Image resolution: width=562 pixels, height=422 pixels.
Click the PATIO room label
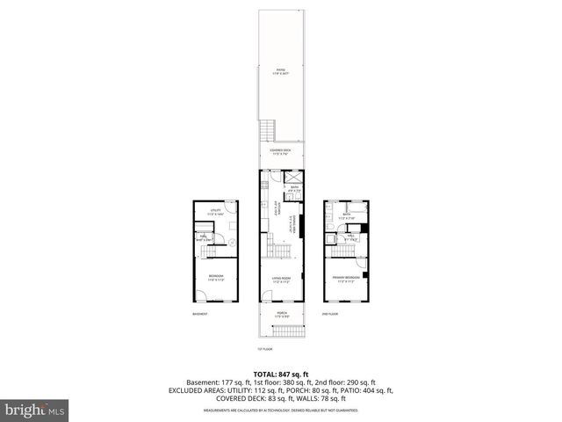coord(281,70)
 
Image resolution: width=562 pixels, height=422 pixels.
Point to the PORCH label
coord(281,313)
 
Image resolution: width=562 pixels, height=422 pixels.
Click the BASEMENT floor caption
coord(201,314)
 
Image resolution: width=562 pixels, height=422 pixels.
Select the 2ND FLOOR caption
coord(330,314)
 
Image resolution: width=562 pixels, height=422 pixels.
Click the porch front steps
coord(281,331)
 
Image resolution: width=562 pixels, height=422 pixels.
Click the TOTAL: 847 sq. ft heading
coord(280,375)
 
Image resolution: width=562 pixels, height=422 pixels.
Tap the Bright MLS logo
coord(35,411)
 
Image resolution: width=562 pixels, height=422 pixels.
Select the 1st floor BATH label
coord(294,189)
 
